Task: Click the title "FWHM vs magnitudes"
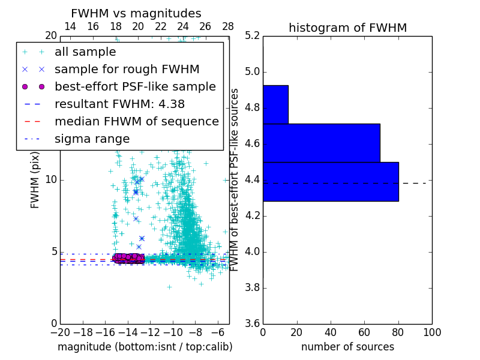(x=136, y=13)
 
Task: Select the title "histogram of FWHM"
(x=347, y=28)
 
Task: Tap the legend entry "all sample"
(x=85, y=52)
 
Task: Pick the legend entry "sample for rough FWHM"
(x=127, y=70)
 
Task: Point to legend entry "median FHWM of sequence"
(x=136, y=121)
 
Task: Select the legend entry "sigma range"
(x=92, y=139)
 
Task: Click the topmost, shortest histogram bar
(x=275, y=104)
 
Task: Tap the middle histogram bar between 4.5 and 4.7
(x=321, y=143)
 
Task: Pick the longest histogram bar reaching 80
(x=331, y=181)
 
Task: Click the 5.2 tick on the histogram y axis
(x=253, y=36)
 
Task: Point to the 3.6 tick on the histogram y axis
(x=253, y=323)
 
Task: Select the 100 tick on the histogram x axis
(x=431, y=332)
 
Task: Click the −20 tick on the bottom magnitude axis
(x=60, y=332)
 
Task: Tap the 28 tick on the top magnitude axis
(x=228, y=27)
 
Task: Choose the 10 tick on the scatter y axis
(x=51, y=180)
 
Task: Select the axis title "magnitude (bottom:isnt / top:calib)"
(x=145, y=347)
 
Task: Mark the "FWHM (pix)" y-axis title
(x=35, y=180)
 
